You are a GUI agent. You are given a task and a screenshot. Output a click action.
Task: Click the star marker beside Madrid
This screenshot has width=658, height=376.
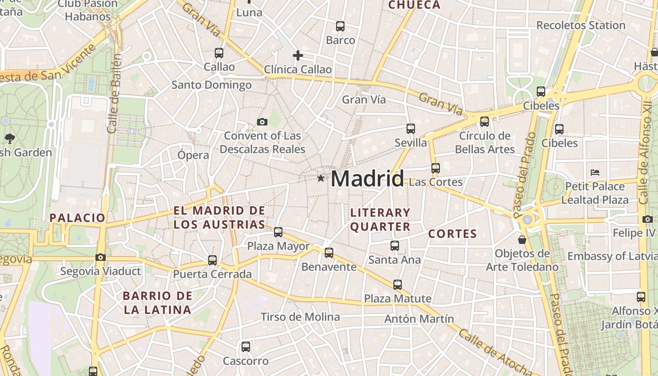coord(321,178)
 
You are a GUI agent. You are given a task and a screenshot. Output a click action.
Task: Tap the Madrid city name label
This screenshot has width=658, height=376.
coord(367,179)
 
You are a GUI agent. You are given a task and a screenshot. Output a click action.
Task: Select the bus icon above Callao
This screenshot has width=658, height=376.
coord(219,53)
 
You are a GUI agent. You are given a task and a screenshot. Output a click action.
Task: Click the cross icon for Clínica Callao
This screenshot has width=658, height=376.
coord(298,56)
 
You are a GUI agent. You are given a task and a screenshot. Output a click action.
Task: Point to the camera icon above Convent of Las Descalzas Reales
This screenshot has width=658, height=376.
coord(262,122)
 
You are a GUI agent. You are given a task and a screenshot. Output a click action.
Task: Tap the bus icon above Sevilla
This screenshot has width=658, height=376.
coord(411,128)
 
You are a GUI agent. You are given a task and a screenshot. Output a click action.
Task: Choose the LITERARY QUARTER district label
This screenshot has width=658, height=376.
coord(380,220)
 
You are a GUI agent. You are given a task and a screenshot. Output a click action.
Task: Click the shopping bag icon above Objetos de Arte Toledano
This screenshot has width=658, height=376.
coord(522,240)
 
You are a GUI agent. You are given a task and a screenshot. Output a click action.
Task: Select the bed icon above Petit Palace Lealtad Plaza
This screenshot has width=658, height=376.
coord(595,172)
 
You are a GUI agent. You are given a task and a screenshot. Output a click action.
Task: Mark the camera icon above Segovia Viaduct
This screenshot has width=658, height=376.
coord(100,257)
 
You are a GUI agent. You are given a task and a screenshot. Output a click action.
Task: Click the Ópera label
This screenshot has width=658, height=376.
coord(193,155)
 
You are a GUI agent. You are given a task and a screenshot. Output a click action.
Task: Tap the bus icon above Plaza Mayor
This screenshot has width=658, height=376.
coord(278,232)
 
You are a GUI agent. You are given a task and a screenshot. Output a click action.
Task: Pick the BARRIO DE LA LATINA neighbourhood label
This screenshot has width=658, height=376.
coord(157,303)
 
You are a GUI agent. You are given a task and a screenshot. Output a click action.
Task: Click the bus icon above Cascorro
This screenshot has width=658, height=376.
coord(246,347)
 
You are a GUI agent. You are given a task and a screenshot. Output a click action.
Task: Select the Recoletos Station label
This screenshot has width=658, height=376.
coord(580,25)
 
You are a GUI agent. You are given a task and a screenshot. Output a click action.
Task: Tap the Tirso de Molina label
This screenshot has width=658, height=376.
coord(300,317)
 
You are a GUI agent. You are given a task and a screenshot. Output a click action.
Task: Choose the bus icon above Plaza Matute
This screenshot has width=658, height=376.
coord(398,284)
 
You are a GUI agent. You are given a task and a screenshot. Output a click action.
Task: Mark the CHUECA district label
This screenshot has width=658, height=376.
coord(415,5)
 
